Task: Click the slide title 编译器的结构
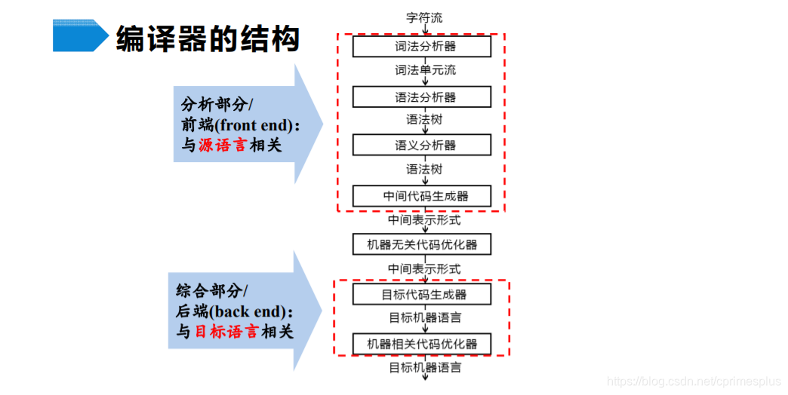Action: [208, 38]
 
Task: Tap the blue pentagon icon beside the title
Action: [80, 35]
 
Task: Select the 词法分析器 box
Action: [422, 47]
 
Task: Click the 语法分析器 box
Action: [422, 97]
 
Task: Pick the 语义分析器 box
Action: [422, 145]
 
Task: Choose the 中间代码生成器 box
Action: [422, 196]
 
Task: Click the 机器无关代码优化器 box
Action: [422, 244]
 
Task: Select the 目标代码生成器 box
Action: [422, 294]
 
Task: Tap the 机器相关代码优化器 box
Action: [422, 344]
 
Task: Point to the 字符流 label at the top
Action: [424, 17]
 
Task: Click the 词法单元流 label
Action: [425, 71]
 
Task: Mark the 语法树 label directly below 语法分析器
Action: [424, 119]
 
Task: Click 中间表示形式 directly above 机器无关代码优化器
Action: [424, 220]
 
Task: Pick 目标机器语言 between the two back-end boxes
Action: [425, 318]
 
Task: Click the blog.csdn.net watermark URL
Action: [694, 382]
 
